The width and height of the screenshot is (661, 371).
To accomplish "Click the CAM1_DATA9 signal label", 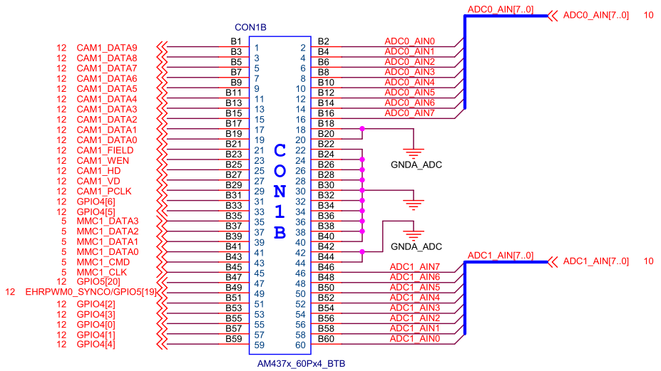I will click(x=107, y=48).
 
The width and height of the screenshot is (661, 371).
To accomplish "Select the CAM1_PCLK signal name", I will click(x=104, y=192).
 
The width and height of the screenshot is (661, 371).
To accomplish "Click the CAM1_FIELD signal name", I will click(x=105, y=150).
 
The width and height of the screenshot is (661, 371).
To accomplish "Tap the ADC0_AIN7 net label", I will click(x=409, y=113).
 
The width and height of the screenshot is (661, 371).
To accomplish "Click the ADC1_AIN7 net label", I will click(x=414, y=266).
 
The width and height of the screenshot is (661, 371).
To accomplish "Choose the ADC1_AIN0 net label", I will click(x=414, y=338).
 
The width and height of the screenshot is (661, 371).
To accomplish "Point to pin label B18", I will click(x=326, y=124).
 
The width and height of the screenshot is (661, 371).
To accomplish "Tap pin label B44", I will click(x=326, y=257).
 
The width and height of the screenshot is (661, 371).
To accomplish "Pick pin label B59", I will click(x=233, y=339).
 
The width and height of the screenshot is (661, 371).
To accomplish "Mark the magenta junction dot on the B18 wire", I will click(x=363, y=130).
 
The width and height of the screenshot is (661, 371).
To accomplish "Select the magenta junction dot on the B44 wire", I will click(x=363, y=252).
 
